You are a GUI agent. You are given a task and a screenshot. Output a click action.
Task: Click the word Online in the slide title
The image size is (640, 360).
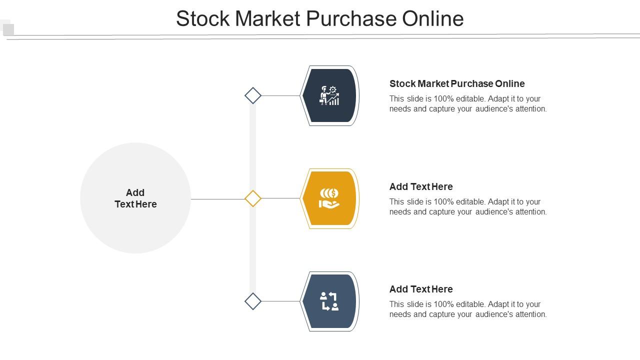[x=433, y=18]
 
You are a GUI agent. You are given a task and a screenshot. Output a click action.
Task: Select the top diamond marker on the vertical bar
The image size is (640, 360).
[x=253, y=95]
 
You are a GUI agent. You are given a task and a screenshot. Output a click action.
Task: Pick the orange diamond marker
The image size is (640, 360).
[x=253, y=198]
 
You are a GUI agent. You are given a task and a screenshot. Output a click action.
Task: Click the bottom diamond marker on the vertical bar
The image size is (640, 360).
[x=253, y=301]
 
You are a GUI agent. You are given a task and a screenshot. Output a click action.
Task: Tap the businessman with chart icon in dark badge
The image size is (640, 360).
[x=329, y=95]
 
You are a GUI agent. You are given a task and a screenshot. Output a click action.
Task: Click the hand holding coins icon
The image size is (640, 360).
[x=329, y=198]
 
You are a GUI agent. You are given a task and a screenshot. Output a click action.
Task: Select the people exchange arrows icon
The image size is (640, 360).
[x=329, y=301]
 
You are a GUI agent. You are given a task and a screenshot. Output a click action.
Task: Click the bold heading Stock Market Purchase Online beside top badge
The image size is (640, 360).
[x=457, y=83]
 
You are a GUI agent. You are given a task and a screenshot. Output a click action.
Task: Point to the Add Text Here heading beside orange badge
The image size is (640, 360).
[x=421, y=186]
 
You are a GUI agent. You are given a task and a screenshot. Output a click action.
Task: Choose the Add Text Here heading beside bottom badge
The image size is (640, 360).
[x=421, y=289]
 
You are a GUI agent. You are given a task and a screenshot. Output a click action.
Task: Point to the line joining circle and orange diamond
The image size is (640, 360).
[x=217, y=199]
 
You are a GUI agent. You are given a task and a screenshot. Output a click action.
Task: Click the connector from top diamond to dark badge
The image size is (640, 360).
[x=280, y=95]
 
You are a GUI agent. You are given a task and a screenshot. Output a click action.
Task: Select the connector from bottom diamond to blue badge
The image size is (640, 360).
[x=280, y=301]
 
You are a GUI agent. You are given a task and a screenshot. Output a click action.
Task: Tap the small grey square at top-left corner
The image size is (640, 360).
[x=8, y=29]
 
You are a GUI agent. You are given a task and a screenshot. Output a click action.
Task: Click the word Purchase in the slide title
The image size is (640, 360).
[x=352, y=18]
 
